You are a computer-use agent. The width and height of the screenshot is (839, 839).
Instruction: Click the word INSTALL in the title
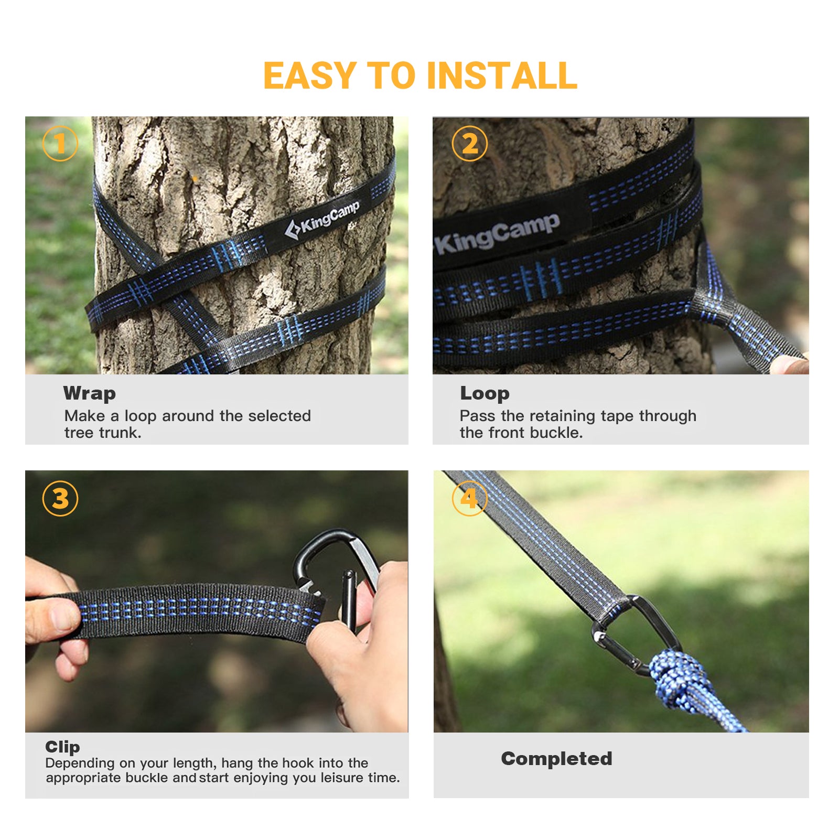click(x=502, y=76)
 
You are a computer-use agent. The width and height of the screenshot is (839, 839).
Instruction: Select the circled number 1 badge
click(x=60, y=143)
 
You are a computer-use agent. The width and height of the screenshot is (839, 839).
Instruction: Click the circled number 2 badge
click(x=470, y=143)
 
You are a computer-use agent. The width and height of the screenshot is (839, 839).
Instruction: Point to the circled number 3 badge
click(x=60, y=498)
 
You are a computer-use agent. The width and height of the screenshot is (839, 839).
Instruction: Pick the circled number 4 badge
click(x=470, y=498)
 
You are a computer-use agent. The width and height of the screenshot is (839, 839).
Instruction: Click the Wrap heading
click(x=89, y=394)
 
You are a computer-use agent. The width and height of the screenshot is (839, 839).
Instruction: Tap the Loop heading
click(x=485, y=394)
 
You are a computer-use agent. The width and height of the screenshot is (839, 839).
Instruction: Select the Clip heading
click(x=62, y=747)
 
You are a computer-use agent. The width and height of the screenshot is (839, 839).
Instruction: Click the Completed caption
click(x=556, y=759)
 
